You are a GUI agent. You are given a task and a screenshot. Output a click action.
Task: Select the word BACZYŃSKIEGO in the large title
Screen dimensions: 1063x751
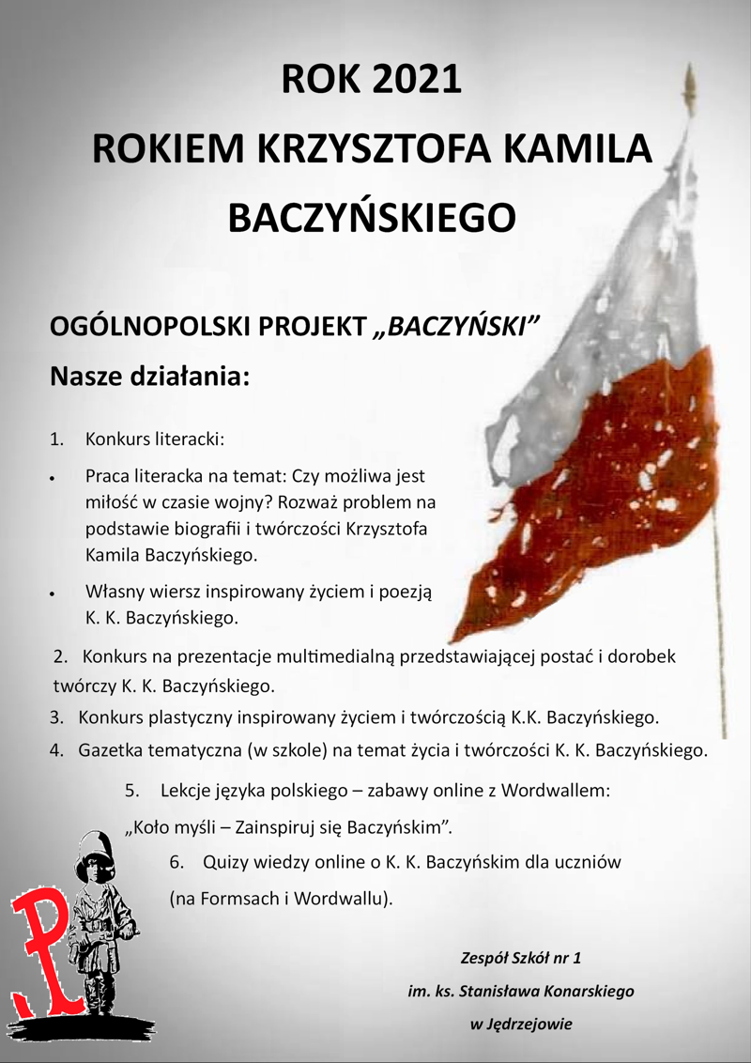[x=372, y=218]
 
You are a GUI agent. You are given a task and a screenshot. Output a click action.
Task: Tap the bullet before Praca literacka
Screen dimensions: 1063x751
[x=56, y=478]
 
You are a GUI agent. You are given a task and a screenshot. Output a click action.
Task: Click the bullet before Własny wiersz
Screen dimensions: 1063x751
[x=56, y=593]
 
